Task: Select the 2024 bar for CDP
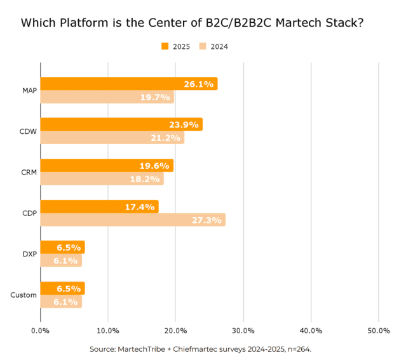tap(133, 220)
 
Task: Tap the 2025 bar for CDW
tap(121, 124)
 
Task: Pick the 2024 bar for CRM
tap(102, 179)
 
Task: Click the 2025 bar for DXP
tap(62, 248)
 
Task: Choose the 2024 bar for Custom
tap(61, 302)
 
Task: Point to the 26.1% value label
tap(198, 84)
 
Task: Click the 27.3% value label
tap(207, 220)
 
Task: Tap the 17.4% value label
tap(140, 207)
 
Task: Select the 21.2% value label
tap(166, 138)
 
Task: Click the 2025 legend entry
tap(176, 46)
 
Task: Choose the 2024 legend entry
tap(213, 46)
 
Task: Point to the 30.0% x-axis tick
tap(243, 331)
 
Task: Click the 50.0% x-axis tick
tap(379, 331)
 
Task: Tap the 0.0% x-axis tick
tap(40, 331)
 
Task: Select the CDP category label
tap(27, 213)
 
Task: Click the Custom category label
tap(24, 295)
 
